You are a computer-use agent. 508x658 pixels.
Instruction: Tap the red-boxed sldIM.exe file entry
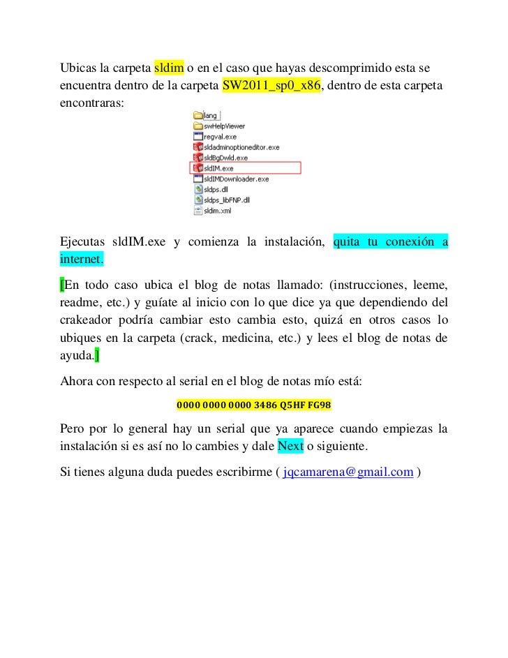[219, 168]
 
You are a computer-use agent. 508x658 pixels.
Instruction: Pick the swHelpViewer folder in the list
[224, 127]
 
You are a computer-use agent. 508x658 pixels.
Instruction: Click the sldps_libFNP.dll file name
[227, 199]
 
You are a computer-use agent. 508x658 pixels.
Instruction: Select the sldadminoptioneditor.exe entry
[241, 148]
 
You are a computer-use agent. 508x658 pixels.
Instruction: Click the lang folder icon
[197, 116]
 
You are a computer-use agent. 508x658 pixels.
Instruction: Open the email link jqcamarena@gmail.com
[348, 473]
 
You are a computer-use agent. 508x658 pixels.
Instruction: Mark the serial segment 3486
[264, 405]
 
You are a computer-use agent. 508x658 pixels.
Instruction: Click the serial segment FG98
[320, 405]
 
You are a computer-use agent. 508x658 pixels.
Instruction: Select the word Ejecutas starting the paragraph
[81, 242]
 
